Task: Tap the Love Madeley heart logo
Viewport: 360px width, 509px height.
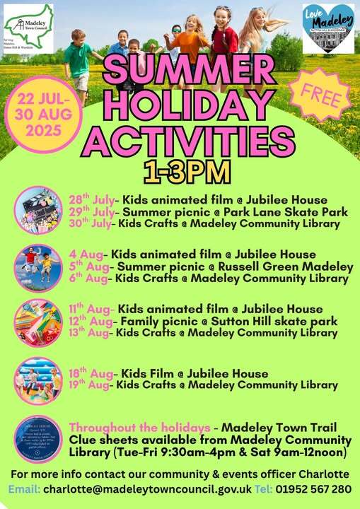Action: [x=328, y=29]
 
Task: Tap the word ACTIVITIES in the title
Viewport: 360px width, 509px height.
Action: [x=192, y=139]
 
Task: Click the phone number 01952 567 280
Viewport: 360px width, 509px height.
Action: [x=323, y=489]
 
